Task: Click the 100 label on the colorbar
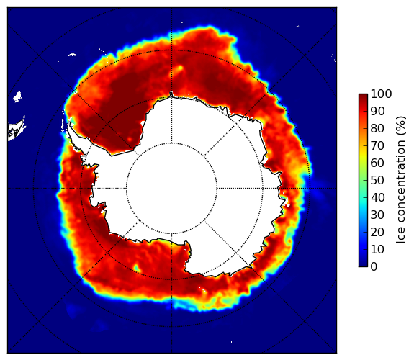point(381,94)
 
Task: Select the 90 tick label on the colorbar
point(377,111)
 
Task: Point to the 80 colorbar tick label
point(377,129)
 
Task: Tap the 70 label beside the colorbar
point(377,145)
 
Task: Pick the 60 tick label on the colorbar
point(377,163)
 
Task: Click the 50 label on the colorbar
point(377,181)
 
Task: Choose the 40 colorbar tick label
point(377,197)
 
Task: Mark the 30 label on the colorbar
point(377,215)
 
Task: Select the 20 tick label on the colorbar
point(377,232)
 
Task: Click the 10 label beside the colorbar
point(377,249)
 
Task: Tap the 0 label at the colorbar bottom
point(374,267)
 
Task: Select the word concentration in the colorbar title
point(400,183)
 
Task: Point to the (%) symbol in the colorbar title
point(401,126)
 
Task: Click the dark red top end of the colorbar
point(363,96)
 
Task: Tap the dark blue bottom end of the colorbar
point(363,265)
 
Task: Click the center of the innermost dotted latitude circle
point(171,188)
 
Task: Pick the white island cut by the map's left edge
point(17,130)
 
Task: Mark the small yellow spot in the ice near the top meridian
point(180,68)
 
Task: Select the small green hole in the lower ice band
point(137,268)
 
